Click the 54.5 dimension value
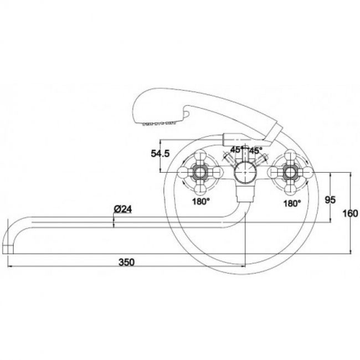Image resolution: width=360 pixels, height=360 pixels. pos(160,153)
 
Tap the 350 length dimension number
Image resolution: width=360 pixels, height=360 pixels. pos(126,262)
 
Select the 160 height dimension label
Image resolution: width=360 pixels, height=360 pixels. pos(350,214)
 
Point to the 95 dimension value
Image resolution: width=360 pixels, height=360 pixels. pos(331,200)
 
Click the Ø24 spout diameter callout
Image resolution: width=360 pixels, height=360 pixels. pos(123,209)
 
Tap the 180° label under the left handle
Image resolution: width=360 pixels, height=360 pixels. pos(201,202)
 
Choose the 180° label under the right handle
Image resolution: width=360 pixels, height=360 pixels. pos(292,203)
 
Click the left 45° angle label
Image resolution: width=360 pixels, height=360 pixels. pos(236,150)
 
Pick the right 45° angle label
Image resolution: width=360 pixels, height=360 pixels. pos(255,151)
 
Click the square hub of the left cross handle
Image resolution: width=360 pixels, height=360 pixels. pos(200,172)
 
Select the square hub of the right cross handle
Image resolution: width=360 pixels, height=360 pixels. pos(291,172)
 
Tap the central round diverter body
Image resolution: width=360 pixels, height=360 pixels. pos(245,172)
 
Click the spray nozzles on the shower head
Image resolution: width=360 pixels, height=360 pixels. pos(159,124)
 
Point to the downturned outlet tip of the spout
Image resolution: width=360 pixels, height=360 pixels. pos(8,249)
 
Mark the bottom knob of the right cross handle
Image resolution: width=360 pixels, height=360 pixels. pos(291,189)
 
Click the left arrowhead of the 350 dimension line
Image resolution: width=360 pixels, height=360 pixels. pos(10,266)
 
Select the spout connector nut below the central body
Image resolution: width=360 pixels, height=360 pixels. pos(245,193)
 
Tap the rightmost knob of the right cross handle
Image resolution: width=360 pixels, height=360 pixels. pos(308,172)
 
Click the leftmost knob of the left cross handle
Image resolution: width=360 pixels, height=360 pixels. pos(183,172)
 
